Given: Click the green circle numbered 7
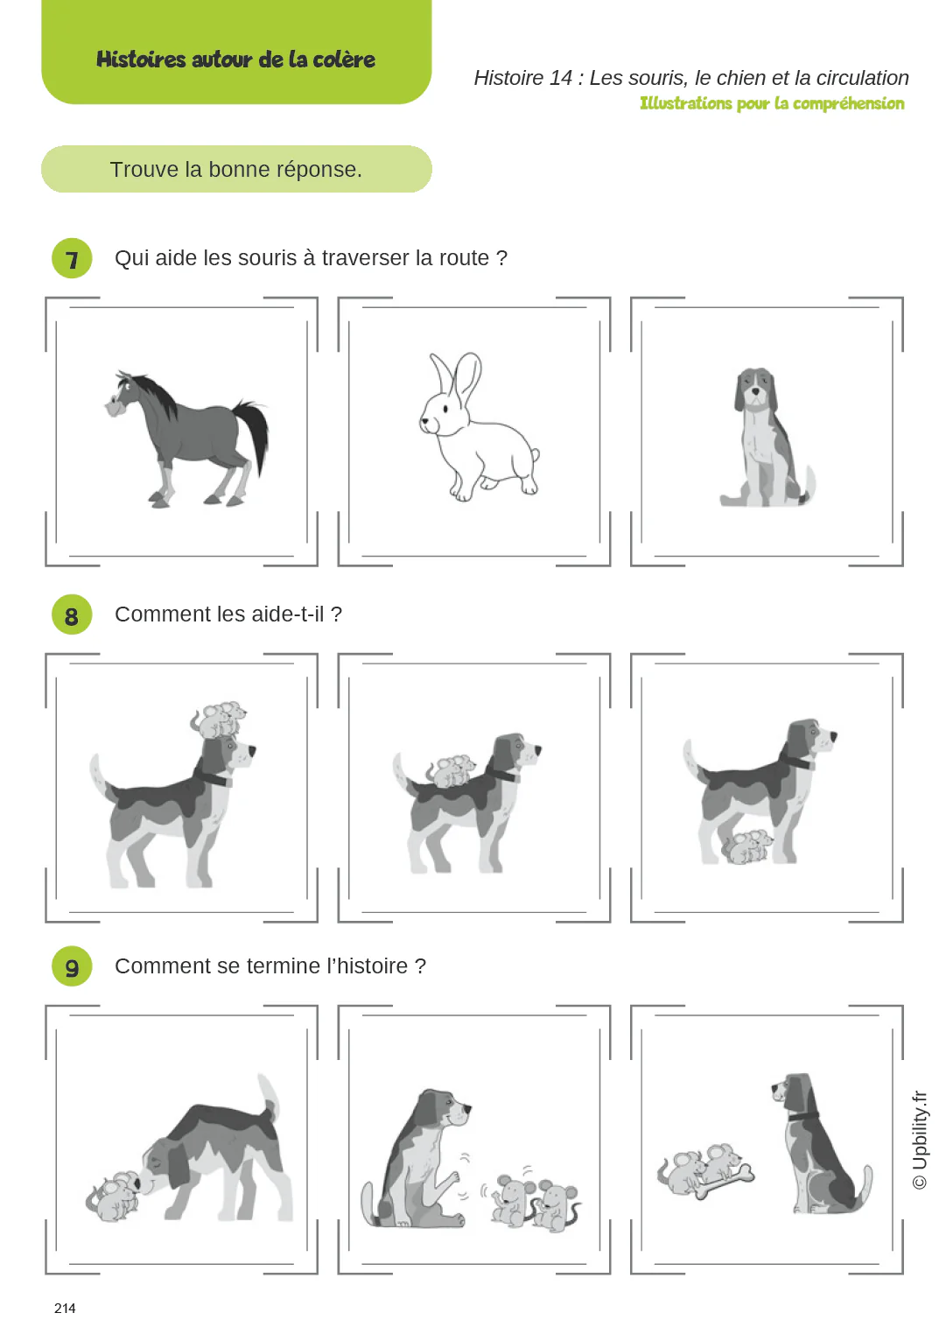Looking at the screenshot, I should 72,258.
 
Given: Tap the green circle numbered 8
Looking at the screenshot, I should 72,615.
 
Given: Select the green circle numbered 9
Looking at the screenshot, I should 72,966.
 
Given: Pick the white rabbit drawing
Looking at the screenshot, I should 477,429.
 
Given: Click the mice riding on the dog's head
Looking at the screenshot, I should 219,720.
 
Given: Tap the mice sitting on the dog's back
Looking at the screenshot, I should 451,770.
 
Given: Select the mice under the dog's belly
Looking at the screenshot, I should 746,847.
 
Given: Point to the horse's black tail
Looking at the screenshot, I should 255,433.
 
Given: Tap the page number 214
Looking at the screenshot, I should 65,1308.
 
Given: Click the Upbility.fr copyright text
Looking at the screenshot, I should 919,1139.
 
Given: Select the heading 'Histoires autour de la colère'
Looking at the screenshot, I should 235,60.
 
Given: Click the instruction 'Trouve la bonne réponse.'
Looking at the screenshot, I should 235,169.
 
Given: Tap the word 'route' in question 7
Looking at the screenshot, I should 464,258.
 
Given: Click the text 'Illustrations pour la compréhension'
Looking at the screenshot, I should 771,103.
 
